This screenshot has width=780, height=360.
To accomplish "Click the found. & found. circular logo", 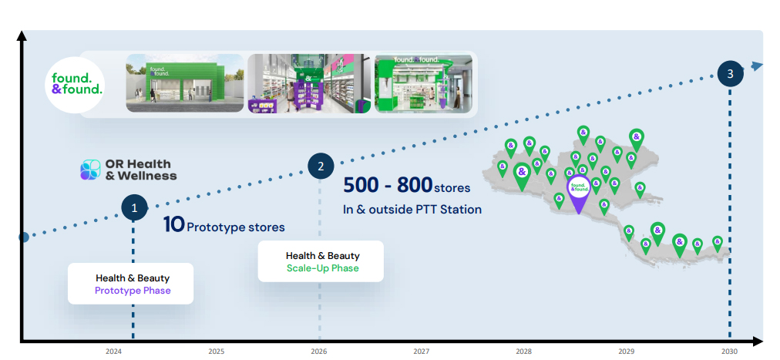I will (x=77, y=84).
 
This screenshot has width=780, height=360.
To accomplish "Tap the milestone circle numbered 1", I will (x=134, y=207).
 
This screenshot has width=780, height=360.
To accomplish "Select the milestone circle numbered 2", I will (x=321, y=165).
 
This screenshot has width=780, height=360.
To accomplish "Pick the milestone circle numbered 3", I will (x=730, y=74).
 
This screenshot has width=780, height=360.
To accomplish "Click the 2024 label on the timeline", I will (x=113, y=352).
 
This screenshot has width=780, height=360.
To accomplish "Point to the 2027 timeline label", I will (x=421, y=352).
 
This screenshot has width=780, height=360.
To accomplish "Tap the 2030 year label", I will (x=730, y=352).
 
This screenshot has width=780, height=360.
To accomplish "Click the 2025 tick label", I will (x=216, y=352).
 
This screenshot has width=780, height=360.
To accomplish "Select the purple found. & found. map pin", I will (x=579, y=190).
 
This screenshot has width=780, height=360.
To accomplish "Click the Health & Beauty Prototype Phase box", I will (x=130, y=284).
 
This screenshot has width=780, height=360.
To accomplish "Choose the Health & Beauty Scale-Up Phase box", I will (x=320, y=261).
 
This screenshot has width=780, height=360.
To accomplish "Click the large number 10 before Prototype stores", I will (x=173, y=226).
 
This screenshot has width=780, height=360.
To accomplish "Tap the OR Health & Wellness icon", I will (x=90, y=170).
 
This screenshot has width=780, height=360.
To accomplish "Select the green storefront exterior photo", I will (x=184, y=83).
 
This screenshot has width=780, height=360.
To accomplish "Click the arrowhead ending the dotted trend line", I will (x=758, y=66).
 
